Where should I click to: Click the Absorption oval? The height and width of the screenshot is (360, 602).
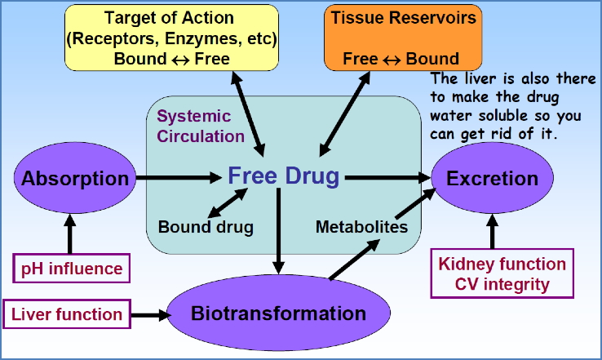(74, 179)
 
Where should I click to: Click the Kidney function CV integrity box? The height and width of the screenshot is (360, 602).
(502, 274)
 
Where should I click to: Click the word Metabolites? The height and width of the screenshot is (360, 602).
(361, 226)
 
